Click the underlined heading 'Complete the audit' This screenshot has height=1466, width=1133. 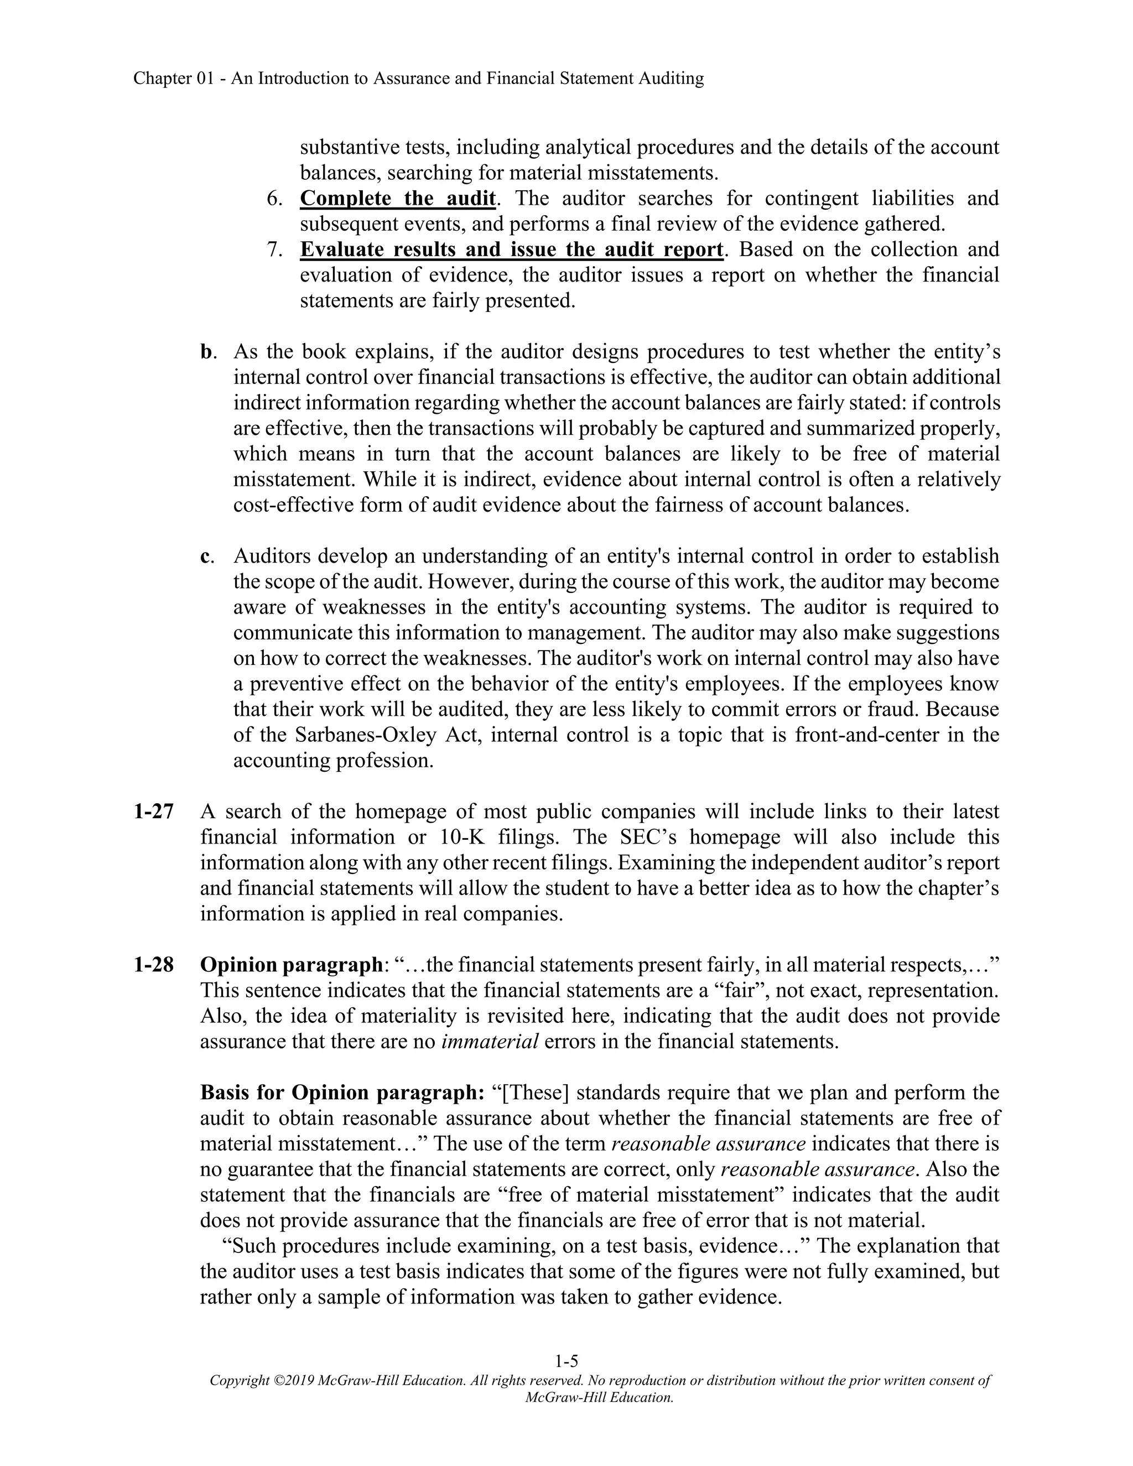point(397,199)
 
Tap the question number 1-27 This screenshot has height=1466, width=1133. point(153,812)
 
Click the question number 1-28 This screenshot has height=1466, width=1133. point(153,965)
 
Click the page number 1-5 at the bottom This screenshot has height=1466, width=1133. point(566,1361)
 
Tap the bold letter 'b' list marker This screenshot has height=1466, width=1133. point(205,352)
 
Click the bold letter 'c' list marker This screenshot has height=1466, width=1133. point(205,557)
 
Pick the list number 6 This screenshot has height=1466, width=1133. point(274,199)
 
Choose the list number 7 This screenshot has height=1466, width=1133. point(274,249)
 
